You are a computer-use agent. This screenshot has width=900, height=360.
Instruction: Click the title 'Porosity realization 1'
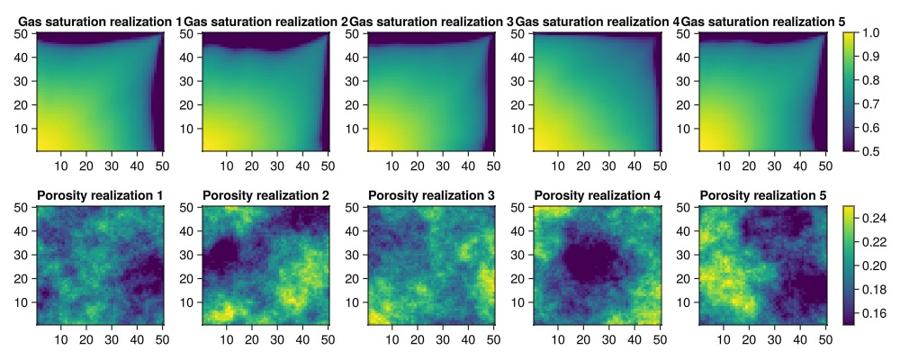click(x=100, y=195)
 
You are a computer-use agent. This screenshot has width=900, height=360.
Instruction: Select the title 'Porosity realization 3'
click(x=432, y=195)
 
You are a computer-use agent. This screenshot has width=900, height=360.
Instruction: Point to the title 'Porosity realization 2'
click(x=265, y=195)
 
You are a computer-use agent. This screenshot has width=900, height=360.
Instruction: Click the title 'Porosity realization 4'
click(x=598, y=195)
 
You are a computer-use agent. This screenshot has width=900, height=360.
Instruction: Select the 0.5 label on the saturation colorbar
click(x=868, y=149)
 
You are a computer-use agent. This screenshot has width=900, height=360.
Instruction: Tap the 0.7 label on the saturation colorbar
click(x=868, y=103)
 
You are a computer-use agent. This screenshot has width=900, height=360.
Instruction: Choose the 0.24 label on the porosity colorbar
click(x=872, y=218)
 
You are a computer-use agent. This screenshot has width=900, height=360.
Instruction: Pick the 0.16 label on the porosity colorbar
click(x=872, y=314)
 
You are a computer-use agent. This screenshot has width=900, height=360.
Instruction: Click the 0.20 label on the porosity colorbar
click(x=872, y=266)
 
